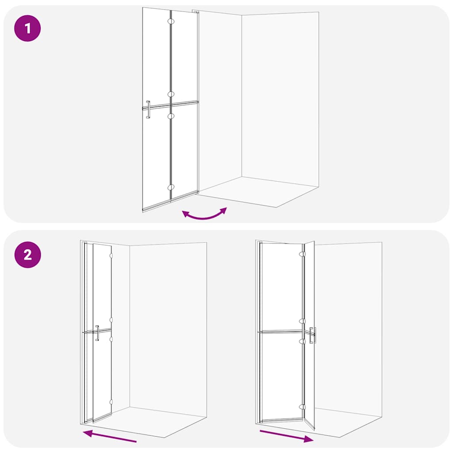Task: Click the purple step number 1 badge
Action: pyautogui.click(x=27, y=29)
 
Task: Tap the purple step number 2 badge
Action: pyautogui.click(x=27, y=255)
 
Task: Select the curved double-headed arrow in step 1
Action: pyautogui.click(x=204, y=215)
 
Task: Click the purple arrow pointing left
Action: pyautogui.click(x=110, y=436)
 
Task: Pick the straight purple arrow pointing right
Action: pyautogui.click(x=287, y=435)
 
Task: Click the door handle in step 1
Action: pyautogui.click(x=148, y=110)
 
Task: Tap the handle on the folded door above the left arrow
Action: pyautogui.click(x=97, y=333)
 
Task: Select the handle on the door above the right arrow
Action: pyautogui.click(x=313, y=336)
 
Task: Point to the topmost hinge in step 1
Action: pyautogui.click(x=171, y=22)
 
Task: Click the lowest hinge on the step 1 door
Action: pyautogui.click(x=171, y=188)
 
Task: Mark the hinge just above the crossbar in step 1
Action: pyautogui.click(x=171, y=94)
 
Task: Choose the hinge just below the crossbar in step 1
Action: pyautogui.click(x=171, y=115)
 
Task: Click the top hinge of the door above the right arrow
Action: pyautogui.click(x=303, y=255)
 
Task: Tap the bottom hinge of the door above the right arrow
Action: pyautogui.click(x=303, y=407)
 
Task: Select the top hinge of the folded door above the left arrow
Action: pyautogui.click(x=111, y=256)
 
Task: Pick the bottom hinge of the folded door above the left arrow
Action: pyautogui.click(x=111, y=402)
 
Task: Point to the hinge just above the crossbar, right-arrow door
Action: pyautogui.click(x=303, y=321)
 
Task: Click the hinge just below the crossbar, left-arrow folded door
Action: pyautogui.click(x=111, y=339)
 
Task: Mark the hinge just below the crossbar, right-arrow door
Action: pyautogui.click(x=303, y=341)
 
